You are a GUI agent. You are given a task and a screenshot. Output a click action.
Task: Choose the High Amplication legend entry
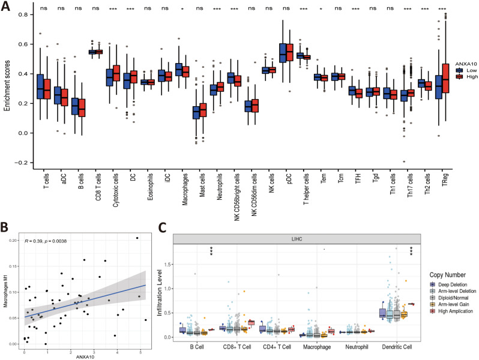pos(449,311)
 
